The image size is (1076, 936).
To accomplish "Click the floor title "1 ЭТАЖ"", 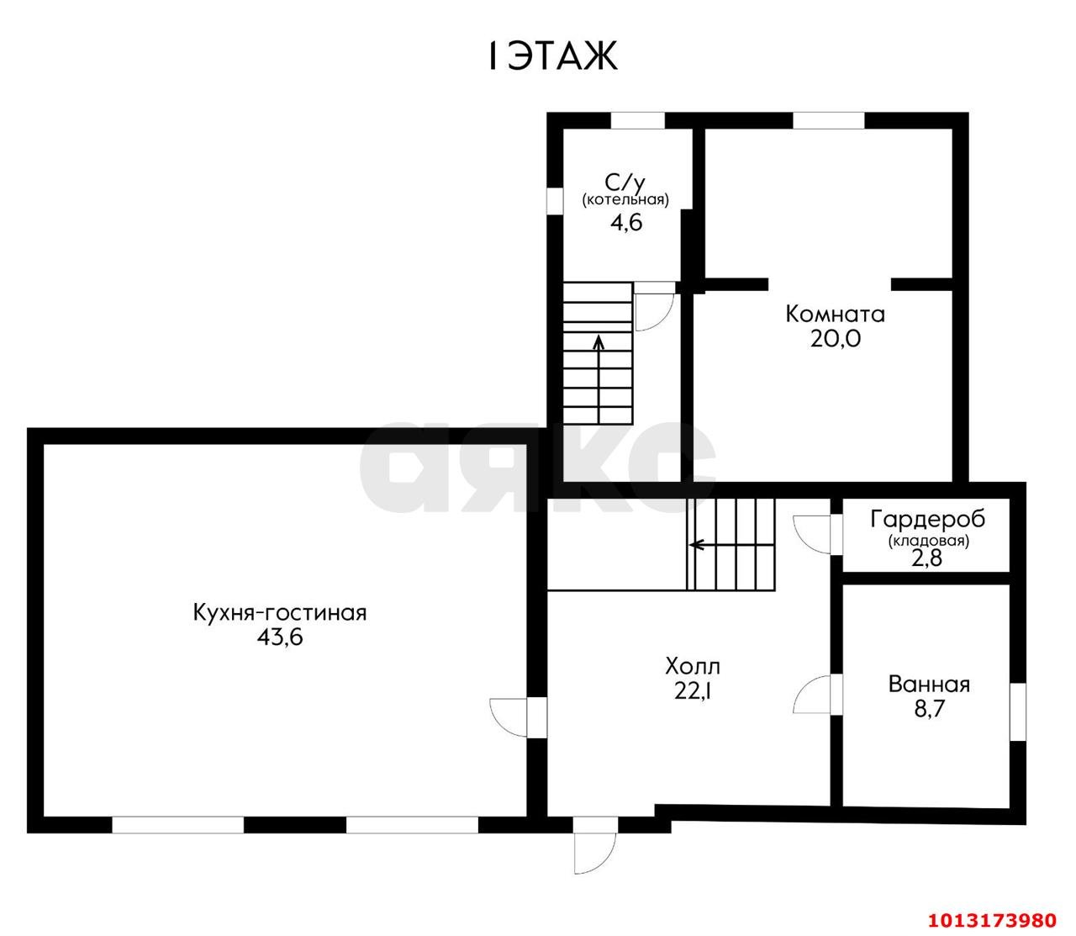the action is pos(551,57).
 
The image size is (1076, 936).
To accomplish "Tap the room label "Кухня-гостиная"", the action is pos(280,613).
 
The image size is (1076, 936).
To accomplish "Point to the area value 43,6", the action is pos(280,637).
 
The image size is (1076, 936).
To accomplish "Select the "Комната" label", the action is pos(835,315).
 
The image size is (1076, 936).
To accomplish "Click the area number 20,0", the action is pos(835,339).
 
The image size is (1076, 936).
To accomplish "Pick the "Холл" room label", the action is pos(693,667).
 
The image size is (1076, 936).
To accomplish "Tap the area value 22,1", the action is pos(693,691).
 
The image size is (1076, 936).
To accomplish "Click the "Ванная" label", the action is pos(929,685).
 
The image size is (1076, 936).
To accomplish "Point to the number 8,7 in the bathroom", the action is pos(929,709).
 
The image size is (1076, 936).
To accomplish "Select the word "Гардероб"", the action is pos(927,520).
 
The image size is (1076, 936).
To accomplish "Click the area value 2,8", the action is pos(927,558).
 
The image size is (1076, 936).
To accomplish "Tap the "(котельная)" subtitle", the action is pos(625,200).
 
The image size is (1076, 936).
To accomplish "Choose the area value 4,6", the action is pos(625,223).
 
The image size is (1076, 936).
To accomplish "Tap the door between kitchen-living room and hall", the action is pos(509,717).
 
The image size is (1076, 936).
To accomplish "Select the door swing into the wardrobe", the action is pos(812,533).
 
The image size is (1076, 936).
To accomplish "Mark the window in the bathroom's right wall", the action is pos(1018,711).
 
